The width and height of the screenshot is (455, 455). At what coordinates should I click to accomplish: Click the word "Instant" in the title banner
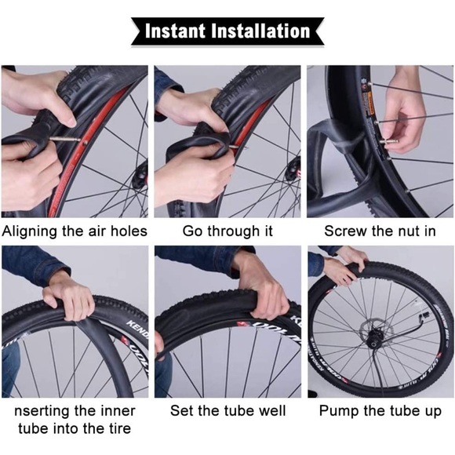tap(178, 31)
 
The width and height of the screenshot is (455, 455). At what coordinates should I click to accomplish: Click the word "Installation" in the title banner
tap(261, 31)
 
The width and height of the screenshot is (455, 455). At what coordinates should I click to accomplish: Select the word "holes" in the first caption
tap(127, 231)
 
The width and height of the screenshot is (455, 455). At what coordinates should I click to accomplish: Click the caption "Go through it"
tap(227, 231)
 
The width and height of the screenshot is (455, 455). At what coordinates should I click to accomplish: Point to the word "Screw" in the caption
tap(346, 231)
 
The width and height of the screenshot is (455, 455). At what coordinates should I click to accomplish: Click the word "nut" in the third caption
tap(409, 231)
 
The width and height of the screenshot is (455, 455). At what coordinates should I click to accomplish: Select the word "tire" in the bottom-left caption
tap(115, 428)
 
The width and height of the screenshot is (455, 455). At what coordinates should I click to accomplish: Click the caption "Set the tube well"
tap(227, 411)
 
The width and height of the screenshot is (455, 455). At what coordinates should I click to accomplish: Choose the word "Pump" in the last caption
tap(339, 411)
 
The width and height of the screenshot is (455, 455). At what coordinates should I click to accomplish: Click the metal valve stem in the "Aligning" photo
tap(67, 141)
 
